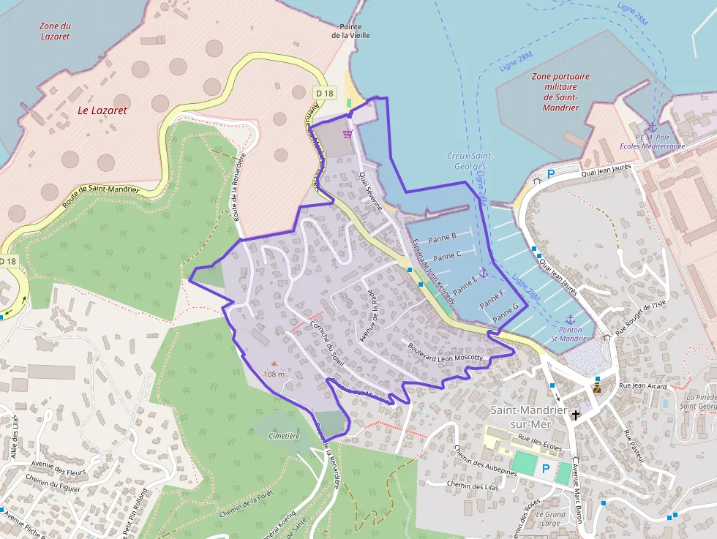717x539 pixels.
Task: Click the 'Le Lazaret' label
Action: (x=102, y=110)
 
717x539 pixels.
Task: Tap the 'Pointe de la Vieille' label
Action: (x=350, y=30)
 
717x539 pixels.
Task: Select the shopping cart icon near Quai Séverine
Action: (x=348, y=133)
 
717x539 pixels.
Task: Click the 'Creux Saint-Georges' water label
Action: (x=470, y=161)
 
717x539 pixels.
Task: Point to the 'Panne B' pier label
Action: (x=442, y=237)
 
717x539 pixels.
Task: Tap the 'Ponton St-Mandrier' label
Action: (x=570, y=333)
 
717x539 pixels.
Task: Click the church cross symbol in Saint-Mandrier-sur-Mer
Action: (x=576, y=415)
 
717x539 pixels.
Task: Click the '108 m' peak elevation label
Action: (x=274, y=374)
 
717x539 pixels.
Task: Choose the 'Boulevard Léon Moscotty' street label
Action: (x=446, y=353)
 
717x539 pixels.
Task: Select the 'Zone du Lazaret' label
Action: (x=55, y=31)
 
